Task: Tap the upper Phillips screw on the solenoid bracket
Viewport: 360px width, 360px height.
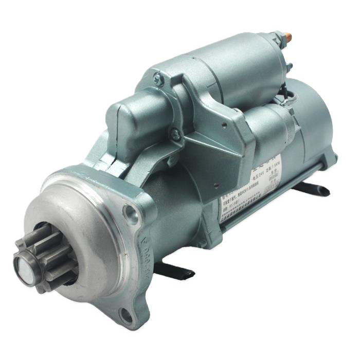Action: (160, 80)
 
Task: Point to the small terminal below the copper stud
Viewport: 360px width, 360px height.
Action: (289, 66)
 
